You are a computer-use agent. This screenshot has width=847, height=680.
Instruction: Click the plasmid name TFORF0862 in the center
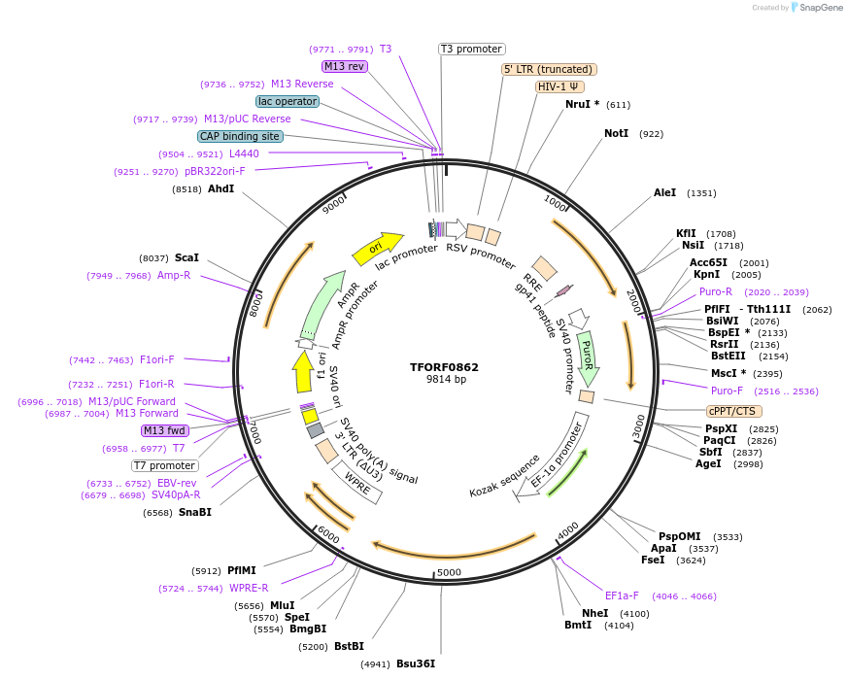(x=444, y=367)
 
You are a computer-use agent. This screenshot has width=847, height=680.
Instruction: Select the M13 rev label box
(x=345, y=66)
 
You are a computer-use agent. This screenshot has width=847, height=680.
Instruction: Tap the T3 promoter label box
(x=472, y=49)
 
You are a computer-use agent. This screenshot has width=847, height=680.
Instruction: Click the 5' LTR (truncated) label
(x=549, y=69)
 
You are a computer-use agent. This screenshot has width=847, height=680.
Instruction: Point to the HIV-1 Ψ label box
(x=559, y=86)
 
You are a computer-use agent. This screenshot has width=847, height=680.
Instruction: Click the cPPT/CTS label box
(x=733, y=411)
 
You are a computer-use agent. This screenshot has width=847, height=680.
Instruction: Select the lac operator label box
(x=288, y=101)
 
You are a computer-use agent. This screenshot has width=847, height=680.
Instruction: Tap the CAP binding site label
(x=240, y=137)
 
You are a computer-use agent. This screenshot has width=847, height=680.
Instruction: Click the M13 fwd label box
(x=164, y=430)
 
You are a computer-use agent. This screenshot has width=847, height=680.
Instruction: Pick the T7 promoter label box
(x=165, y=465)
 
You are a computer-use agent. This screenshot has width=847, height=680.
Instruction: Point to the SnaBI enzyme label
(x=194, y=512)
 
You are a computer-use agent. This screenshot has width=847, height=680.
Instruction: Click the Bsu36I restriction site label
(x=415, y=663)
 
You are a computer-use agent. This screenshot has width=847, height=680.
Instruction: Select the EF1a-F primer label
(x=622, y=595)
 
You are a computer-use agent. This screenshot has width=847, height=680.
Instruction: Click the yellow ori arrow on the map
(x=378, y=248)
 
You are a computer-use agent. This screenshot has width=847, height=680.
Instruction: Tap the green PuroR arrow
(x=588, y=356)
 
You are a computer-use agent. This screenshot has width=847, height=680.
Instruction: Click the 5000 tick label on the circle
(x=449, y=572)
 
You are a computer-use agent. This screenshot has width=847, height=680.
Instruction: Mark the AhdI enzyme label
(x=220, y=188)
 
